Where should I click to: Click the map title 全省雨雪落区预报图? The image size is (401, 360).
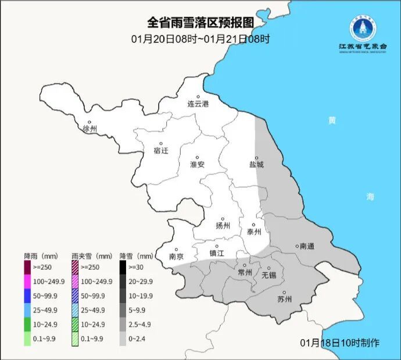201,23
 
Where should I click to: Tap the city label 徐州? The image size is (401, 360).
90,129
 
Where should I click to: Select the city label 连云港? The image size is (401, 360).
198,104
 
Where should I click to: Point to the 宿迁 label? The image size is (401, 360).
161,151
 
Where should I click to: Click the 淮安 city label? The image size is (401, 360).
198,165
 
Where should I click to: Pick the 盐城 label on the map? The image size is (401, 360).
256,165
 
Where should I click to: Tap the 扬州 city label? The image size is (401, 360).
223,226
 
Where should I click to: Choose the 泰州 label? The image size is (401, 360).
254,231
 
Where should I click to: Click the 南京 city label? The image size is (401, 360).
176,256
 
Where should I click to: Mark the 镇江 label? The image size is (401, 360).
217,253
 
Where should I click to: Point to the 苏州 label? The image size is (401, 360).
285,300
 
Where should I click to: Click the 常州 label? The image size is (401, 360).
245,272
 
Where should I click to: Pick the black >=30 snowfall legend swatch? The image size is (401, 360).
123,267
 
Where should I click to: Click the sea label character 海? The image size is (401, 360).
370,197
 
